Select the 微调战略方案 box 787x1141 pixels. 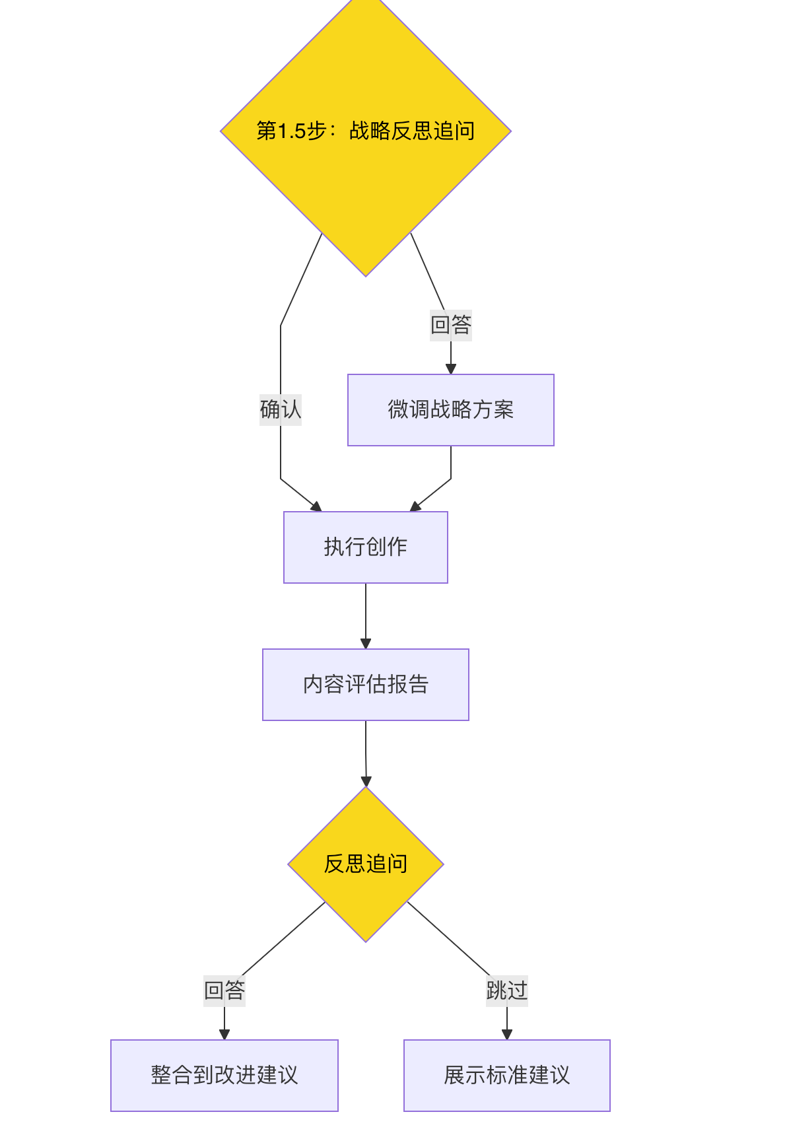pos(450,410)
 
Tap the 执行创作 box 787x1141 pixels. pos(365,547)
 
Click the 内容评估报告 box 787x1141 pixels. pos(365,685)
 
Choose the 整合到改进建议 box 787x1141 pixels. pos(224,1076)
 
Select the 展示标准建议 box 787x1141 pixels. pos(506,1076)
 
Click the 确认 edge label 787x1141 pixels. pos(281,410)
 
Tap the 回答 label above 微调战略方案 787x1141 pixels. pos(450,325)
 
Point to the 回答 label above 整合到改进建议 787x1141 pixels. pos(224,990)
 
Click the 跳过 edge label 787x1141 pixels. pos(506,990)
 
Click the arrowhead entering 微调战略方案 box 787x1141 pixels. pos(451,369)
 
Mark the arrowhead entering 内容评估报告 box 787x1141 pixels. pos(366,644)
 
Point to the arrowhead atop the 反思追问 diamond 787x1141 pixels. pos(366,781)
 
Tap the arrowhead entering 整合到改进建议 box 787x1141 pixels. pos(224,1035)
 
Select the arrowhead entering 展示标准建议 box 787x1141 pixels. pos(507,1035)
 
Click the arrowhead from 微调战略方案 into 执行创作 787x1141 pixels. pos(415,506)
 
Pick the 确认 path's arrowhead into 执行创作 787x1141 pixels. pos(316,506)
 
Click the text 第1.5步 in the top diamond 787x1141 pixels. pos(291,131)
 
